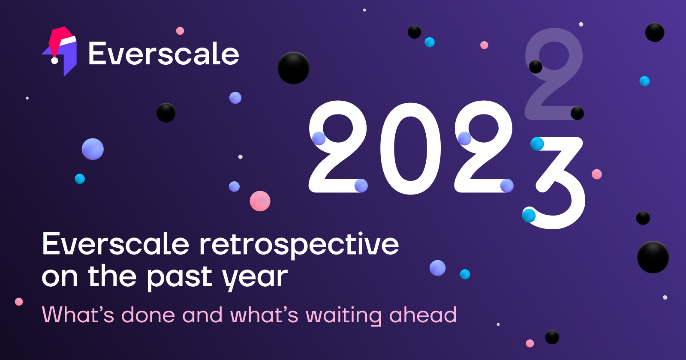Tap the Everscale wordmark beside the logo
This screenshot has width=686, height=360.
tap(164, 54)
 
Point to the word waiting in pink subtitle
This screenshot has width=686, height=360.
tap(343, 315)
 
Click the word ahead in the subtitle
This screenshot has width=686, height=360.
tap(423, 315)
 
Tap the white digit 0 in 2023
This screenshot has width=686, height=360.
tap(411, 147)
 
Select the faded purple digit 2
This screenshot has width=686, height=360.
tap(554, 74)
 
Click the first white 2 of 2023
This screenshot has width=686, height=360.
tap(338, 147)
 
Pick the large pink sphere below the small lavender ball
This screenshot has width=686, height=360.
tap(260, 201)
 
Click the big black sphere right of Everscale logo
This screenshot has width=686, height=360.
tap(293, 68)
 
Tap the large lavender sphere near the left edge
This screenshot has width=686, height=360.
tap(93, 149)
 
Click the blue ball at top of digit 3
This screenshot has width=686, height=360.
tap(537, 144)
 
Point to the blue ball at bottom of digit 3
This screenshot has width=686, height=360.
tap(529, 215)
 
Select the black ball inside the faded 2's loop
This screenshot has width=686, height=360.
tap(536, 67)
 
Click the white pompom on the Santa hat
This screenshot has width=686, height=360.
tap(54, 60)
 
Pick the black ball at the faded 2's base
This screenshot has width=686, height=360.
tap(577, 113)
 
